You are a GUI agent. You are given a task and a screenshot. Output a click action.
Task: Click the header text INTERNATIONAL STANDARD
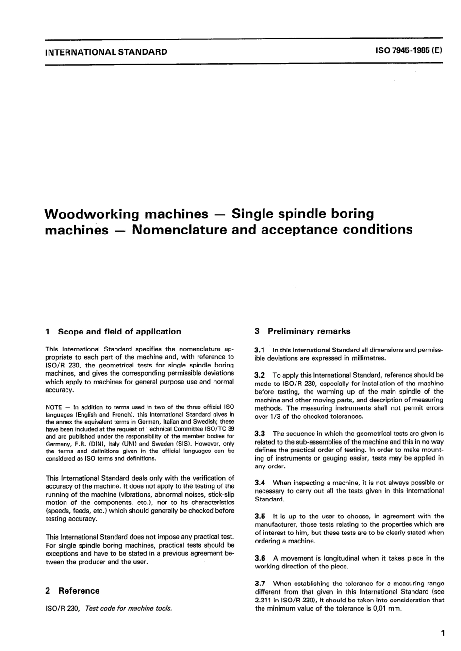(x=106, y=52)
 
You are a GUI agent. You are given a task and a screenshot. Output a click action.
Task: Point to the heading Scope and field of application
(x=119, y=332)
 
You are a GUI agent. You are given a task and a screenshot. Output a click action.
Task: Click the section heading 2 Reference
(x=72, y=591)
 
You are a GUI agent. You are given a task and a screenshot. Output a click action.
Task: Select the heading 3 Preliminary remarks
(x=303, y=331)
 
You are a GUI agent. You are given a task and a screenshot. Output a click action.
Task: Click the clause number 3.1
(x=260, y=350)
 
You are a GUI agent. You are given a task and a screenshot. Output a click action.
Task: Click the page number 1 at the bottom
(x=442, y=633)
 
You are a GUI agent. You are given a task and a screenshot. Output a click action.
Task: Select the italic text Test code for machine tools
(x=128, y=608)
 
